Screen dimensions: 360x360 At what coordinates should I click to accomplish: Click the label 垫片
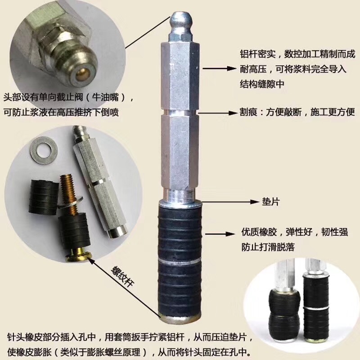coord(271,202)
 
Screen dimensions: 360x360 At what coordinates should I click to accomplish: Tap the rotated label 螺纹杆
coord(122,276)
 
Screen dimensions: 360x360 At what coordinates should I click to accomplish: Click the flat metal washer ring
coord(44,150)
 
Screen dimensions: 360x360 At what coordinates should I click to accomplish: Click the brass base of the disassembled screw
coord(78,255)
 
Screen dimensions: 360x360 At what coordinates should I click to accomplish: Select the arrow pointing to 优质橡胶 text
coord(220,234)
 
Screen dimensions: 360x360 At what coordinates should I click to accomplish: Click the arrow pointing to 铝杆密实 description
coord(219,68)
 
